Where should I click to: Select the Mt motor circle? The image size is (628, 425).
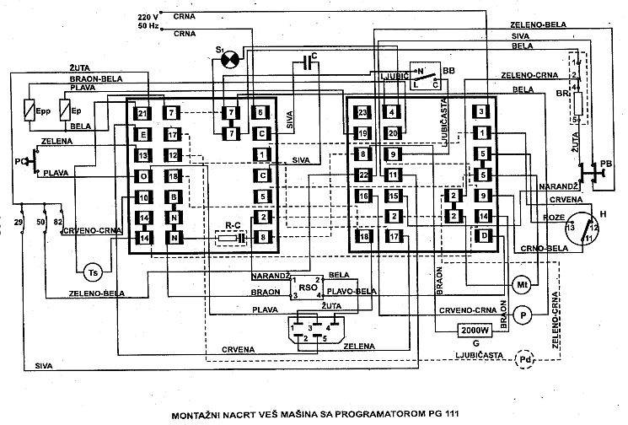point(520,282)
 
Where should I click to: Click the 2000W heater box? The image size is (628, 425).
point(478,331)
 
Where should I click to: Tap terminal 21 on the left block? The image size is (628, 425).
point(143,114)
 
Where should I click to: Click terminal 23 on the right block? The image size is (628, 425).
point(362,113)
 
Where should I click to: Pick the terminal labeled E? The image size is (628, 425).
point(143,135)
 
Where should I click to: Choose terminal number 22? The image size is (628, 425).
point(362,175)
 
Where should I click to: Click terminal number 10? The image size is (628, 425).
point(143,198)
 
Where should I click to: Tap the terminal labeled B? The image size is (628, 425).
point(174,198)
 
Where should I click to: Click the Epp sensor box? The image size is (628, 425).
point(30,111)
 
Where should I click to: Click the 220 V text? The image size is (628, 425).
point(147,17)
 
